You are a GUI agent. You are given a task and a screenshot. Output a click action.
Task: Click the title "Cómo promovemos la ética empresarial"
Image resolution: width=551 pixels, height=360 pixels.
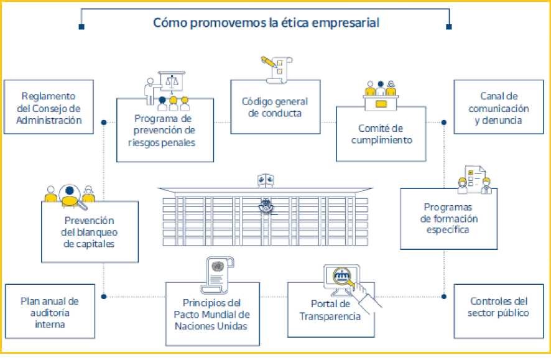click(266, 23)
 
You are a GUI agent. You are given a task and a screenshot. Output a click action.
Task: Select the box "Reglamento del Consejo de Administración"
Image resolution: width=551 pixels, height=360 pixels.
click(49, 108)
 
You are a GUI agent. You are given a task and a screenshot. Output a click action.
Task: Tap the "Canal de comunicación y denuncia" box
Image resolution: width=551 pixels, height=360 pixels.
click(498, 108)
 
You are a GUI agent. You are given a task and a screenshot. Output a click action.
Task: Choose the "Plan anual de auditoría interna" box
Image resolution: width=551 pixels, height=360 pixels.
click(49, 312)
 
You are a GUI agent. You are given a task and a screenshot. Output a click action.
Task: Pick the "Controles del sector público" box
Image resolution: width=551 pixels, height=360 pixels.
click(498, 307)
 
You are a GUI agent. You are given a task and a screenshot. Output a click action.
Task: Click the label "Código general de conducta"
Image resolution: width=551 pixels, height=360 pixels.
click(275, 107)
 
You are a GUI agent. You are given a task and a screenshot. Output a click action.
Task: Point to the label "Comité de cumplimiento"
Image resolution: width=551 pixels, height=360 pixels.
click(381, 134)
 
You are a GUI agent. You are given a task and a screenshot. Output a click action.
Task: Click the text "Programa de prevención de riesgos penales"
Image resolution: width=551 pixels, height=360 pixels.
click(165, 131)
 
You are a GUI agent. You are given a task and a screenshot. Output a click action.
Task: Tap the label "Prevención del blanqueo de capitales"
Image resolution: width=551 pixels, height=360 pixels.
click(89, 231)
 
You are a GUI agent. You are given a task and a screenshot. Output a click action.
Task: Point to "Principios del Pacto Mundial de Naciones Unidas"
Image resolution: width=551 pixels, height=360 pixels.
click(211, 314)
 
